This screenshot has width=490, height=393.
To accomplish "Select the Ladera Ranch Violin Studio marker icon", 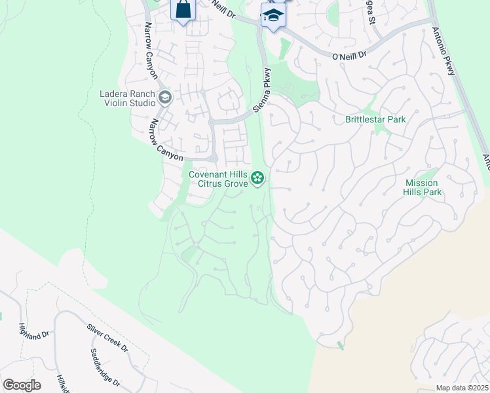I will point(164,99).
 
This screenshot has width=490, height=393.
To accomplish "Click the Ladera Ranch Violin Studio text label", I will point(127,99).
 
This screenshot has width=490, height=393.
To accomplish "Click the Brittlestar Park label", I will point(375,119).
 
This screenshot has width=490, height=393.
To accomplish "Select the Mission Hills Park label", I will point(423,187).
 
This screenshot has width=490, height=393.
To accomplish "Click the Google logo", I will point(22,385).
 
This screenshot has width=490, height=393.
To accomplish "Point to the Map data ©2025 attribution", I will point(461,388).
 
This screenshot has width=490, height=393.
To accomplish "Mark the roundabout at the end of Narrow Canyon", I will point(214,157).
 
